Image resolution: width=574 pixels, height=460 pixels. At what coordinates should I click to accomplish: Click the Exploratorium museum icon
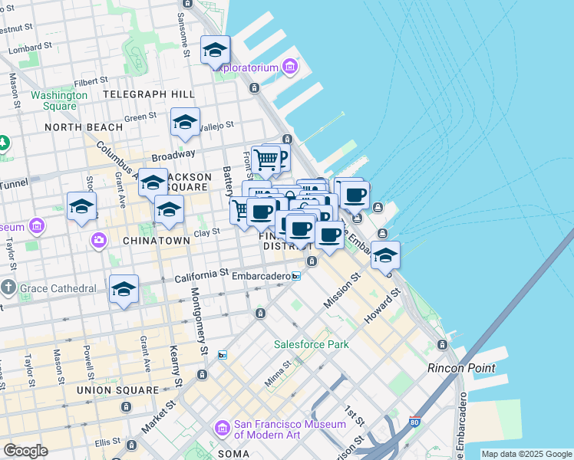pos(290,67)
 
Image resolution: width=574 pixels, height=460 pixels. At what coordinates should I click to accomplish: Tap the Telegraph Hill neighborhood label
pos(149,94)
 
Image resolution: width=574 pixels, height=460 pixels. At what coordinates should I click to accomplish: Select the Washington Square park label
pos(59,100)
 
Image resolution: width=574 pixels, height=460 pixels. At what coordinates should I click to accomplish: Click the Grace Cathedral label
pos(58,289)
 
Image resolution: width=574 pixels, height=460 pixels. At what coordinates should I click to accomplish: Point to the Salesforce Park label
pos(312,344)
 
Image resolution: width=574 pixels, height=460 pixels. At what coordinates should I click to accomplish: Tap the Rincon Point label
pos(461,368)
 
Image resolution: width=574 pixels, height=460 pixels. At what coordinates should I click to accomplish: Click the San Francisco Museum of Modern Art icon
pos(223,426)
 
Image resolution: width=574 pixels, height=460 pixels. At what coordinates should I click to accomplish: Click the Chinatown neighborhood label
pos(156,241)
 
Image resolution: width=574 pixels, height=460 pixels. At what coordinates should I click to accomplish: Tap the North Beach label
pos(83,127)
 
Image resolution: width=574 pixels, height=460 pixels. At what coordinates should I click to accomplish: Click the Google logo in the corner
pos(25,451)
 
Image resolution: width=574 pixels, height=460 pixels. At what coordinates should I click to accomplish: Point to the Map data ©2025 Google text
pos(526,454)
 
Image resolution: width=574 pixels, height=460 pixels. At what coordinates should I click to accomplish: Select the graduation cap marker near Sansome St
pos(216,51)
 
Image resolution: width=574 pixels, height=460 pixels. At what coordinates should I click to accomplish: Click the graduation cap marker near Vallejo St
pos(185,123)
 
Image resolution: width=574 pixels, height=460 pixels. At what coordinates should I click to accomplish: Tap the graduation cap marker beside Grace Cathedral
pos(124,290)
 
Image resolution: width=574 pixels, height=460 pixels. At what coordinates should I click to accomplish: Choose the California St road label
pos(202,273)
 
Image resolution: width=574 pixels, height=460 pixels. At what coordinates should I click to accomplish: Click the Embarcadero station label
pos(259,276)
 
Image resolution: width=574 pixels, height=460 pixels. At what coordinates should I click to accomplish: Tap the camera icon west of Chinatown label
pos(98,241)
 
